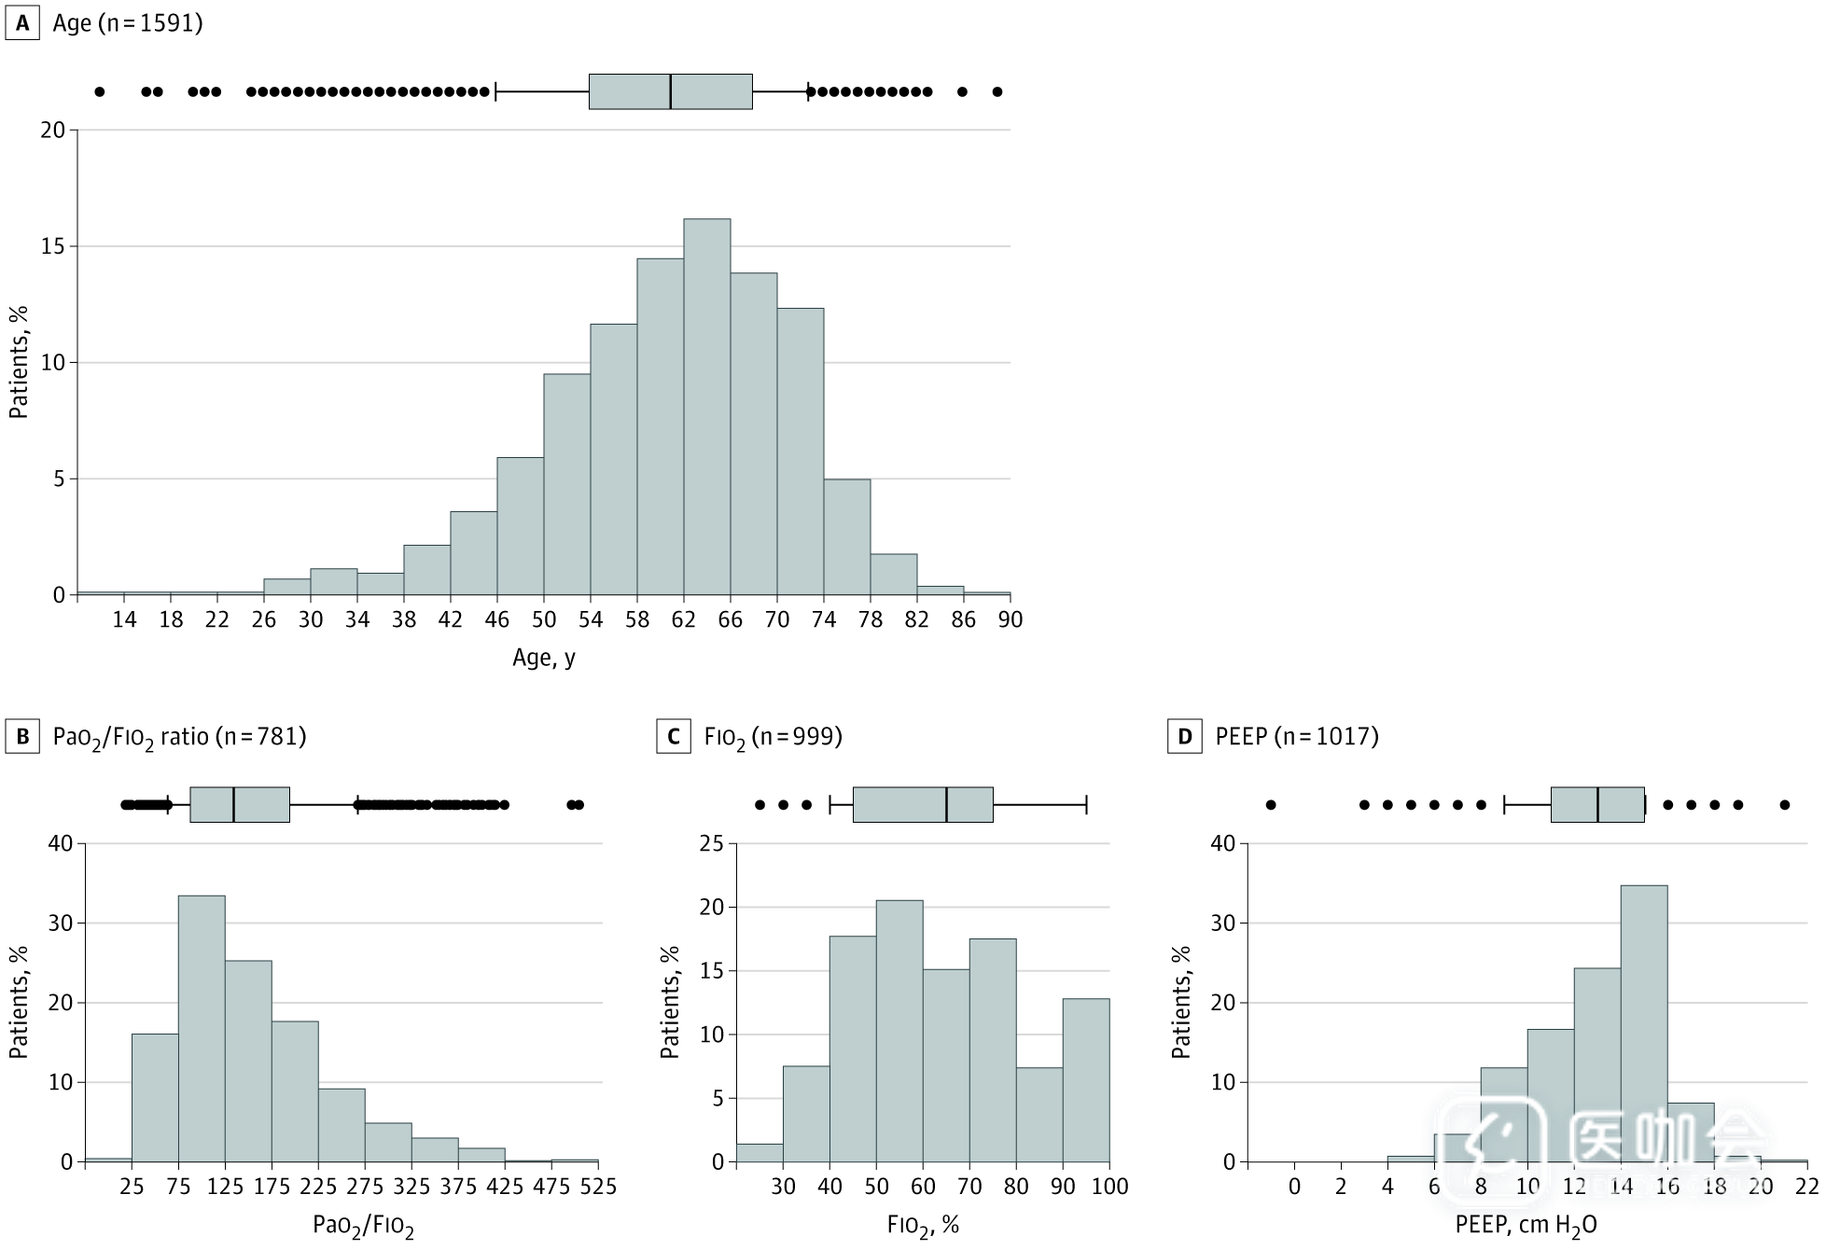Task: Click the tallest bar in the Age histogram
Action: pos(706,407)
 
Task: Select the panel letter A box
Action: pos(22,23)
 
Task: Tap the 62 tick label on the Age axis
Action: pos(683,620)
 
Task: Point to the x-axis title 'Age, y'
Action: pos(544,659)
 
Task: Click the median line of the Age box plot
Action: pos(670,91)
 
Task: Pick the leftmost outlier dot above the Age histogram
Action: pos(100,91)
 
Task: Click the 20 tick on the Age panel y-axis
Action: pos(52,131)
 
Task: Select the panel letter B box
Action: pos(22,737)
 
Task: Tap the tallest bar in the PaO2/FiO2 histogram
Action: pos(202,1028)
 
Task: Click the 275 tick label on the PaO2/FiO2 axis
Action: pos(365,1187)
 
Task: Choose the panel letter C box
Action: pos(673,737)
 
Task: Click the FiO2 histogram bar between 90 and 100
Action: pos(1086,1080)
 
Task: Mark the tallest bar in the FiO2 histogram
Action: pos(899,1031)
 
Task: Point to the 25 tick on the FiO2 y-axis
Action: pos(712,844)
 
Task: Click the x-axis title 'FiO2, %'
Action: pos(923,1226)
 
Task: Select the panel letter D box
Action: pos(1184,737)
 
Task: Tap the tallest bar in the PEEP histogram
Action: pos(1644,1023)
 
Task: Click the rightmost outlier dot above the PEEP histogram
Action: pos(1785,805)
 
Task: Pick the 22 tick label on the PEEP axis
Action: pos(1807,1187)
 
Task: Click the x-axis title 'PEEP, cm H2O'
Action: pos(1526,1226)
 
